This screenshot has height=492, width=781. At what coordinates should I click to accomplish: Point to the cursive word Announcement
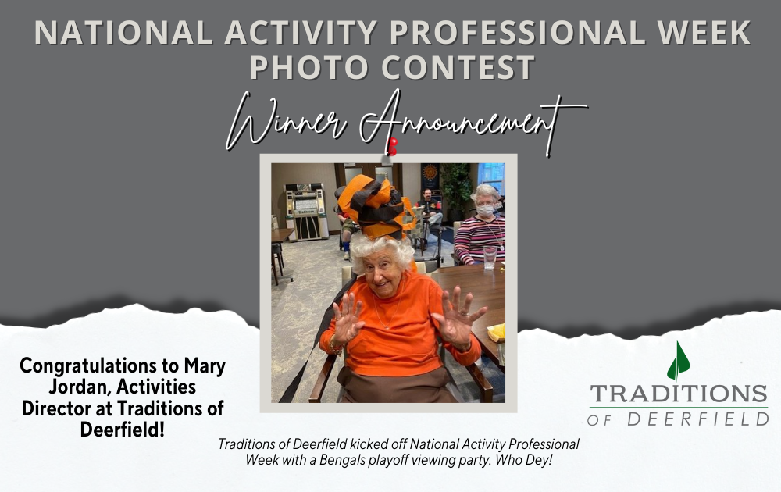click(x=473, y=122)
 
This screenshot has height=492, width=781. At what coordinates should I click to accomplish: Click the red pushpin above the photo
click(x=393, y=146)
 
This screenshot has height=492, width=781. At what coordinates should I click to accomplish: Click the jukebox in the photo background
click(x=305, y=212)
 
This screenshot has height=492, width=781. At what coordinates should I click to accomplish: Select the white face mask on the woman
click(x=486, y=210)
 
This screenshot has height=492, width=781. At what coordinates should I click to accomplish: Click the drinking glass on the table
click(x=490, y=258)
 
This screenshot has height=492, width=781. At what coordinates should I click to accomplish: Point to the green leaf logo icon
click(x=678, y=362)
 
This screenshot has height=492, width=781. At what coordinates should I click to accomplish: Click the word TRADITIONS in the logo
click(x=679, y=394)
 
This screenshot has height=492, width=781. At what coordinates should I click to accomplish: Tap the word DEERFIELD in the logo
click(x=697, y=419)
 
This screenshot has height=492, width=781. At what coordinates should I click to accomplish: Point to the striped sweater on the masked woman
click(x=480, y=240)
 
